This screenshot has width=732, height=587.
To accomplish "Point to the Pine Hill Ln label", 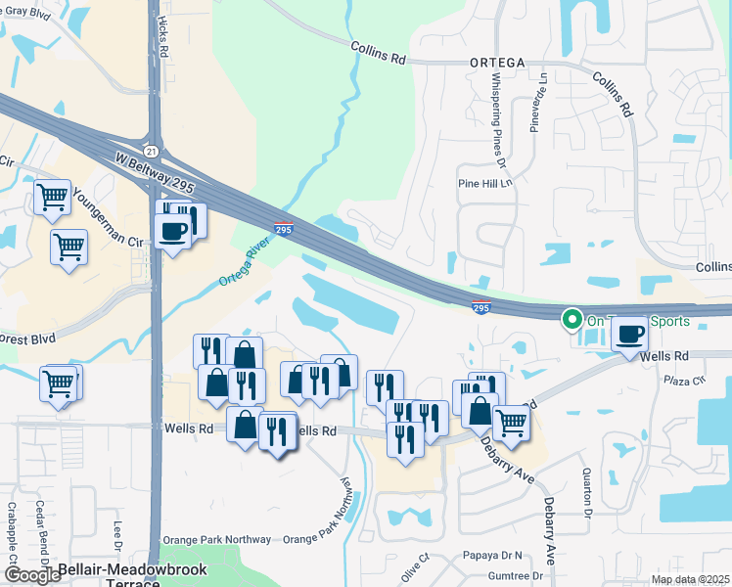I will [x=484, y=183].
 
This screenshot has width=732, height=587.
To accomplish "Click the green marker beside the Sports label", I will [x=571, y=319].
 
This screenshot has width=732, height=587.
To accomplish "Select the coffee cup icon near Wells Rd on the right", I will [x=629, y=334].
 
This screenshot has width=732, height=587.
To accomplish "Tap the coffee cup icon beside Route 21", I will [x=173, y=232].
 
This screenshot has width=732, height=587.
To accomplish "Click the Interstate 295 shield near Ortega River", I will [x=283, y=229].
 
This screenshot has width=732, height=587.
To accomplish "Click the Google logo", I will [x=32, y=576].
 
